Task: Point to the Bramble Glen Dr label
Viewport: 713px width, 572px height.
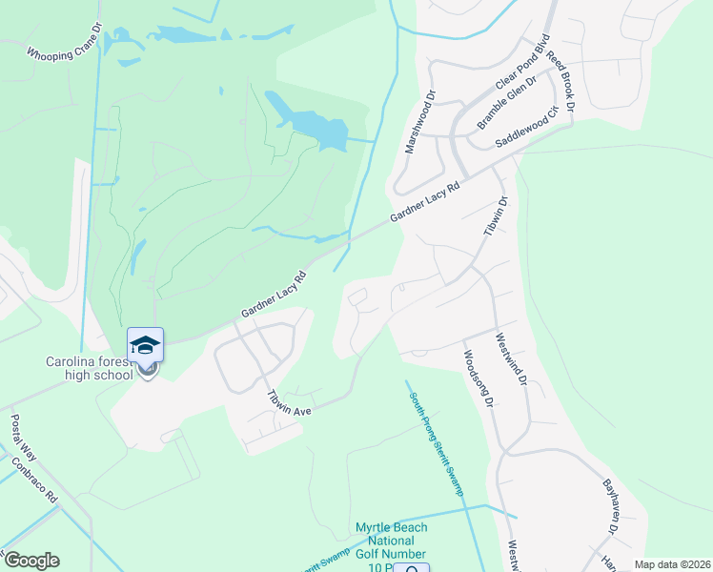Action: tap(506, 102)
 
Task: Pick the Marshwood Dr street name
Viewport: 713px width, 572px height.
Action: tap(419, 123)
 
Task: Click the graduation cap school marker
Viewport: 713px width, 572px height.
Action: tap(145, 344)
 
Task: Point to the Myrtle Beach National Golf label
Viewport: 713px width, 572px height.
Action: tap(392, 541)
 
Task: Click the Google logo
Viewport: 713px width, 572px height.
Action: tap(31, 561)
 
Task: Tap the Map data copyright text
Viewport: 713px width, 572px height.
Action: tap(673, 564)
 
